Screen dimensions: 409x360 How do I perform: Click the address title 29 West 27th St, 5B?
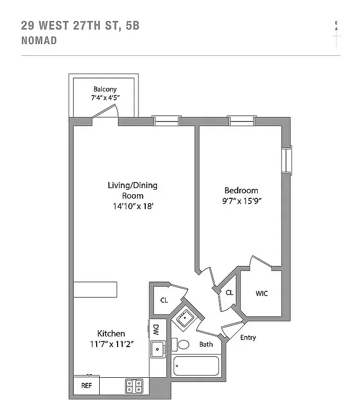[x=80, y=25]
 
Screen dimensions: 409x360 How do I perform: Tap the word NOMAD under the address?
[x=39, y=40]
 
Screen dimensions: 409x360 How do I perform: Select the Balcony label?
[x=105, y=89]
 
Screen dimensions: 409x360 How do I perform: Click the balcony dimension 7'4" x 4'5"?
[x=105, y=98]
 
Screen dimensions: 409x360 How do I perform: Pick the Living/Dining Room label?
[x=132, y=190]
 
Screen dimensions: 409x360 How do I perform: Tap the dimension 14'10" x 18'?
[x=132, y=206]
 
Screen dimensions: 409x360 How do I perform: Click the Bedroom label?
[x=241, y=191]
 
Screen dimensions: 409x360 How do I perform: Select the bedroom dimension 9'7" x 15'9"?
[x=241, y=201]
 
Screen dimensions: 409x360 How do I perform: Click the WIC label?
[x=261, y=293]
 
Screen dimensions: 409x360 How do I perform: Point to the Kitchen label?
[x=111, y=333]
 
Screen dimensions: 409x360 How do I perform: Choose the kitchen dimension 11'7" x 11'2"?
[x=111, y=344]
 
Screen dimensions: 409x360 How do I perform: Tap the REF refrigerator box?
[x=86, y=385]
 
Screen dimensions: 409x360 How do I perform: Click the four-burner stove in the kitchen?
[x=134, y=385]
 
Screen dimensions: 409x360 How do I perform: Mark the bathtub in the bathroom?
[x=196, y=367]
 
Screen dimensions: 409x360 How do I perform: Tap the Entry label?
[x=248, y=337]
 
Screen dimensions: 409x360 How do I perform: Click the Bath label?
[x=206, y=344]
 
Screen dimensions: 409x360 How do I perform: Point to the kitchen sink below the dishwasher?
[x=157, y=349]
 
